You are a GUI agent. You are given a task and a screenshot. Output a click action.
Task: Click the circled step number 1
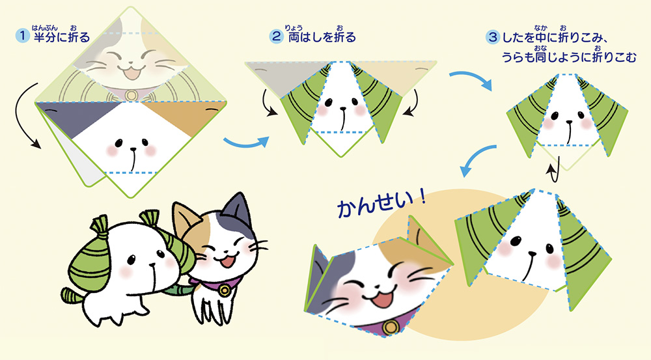click(x=22, y=36)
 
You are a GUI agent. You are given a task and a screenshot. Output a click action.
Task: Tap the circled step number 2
click(x=276, y=36)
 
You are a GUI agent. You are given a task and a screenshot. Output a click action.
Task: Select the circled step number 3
click(x=492, y=37)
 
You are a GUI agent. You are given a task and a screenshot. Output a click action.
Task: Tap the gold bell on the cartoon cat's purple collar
click(x=225, y=290)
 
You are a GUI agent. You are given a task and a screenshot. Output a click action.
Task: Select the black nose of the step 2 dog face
click(x=343, y=109)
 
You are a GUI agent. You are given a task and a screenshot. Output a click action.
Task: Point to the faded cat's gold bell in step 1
click(x=132, y=95)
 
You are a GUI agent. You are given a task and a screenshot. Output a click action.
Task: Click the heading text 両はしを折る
click(x=322, y=37)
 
